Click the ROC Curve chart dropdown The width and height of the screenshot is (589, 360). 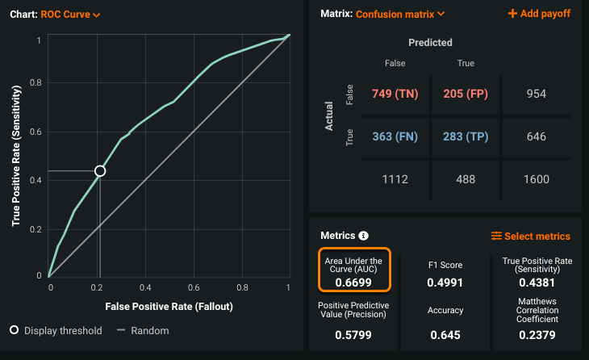[x=70, y=15]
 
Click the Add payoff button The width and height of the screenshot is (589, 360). [x=539, y=14]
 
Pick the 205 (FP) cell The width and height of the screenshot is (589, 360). [x=466, y=94]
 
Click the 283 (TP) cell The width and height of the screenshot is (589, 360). [x=466, y=136]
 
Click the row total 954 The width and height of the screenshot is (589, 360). [x=536, y=94]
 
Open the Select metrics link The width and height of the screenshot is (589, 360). [x=531, y=237]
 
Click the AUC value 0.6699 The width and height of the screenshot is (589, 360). [x=353, y=283]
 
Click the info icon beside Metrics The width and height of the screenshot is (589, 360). [x=363, y=237]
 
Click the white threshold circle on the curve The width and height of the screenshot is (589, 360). [x=100, y=171]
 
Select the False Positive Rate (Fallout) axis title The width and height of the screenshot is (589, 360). [x=169, y=308]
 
